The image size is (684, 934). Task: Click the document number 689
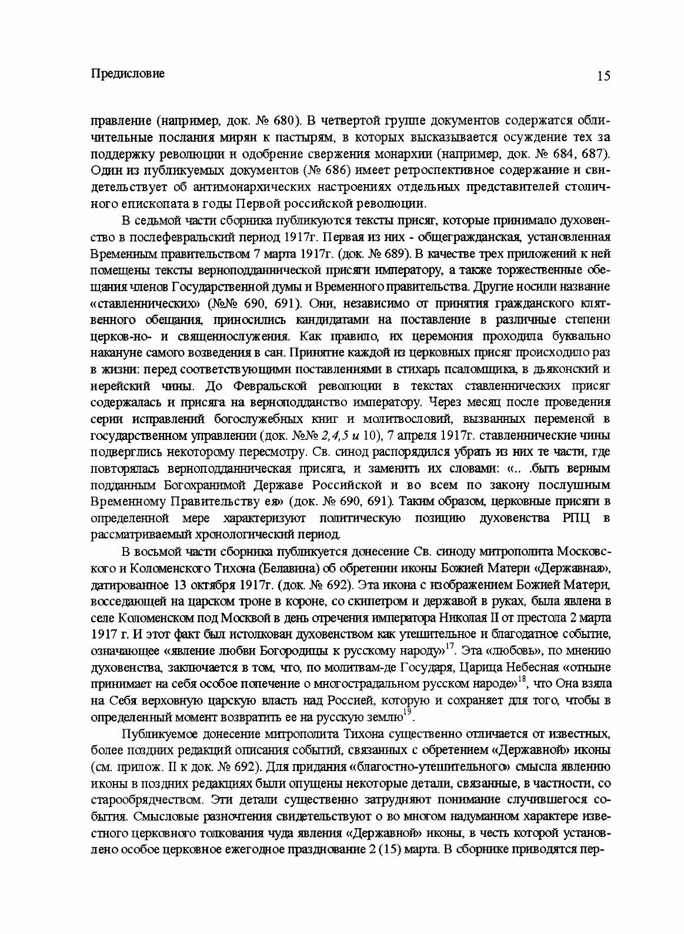click(x=393, y=253)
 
